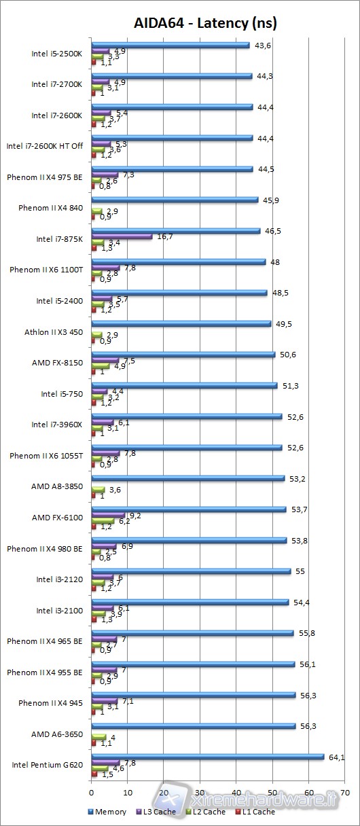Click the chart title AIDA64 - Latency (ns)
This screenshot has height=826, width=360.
tap(204, 24)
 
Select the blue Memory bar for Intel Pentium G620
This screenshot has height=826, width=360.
tap(207, 756)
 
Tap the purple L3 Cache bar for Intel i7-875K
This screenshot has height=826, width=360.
tap(122, 236)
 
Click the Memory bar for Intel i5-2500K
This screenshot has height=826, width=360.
tap(170, 45)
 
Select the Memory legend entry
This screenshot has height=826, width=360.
tap(107, 811)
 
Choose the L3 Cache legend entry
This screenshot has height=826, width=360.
tap(158, 811)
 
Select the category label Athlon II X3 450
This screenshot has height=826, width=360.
tap(54, 332)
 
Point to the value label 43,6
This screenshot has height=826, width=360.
tap(262, 45)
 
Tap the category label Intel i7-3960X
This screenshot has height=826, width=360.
tap(57, 425)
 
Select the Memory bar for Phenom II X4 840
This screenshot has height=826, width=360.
tap(175, 200)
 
